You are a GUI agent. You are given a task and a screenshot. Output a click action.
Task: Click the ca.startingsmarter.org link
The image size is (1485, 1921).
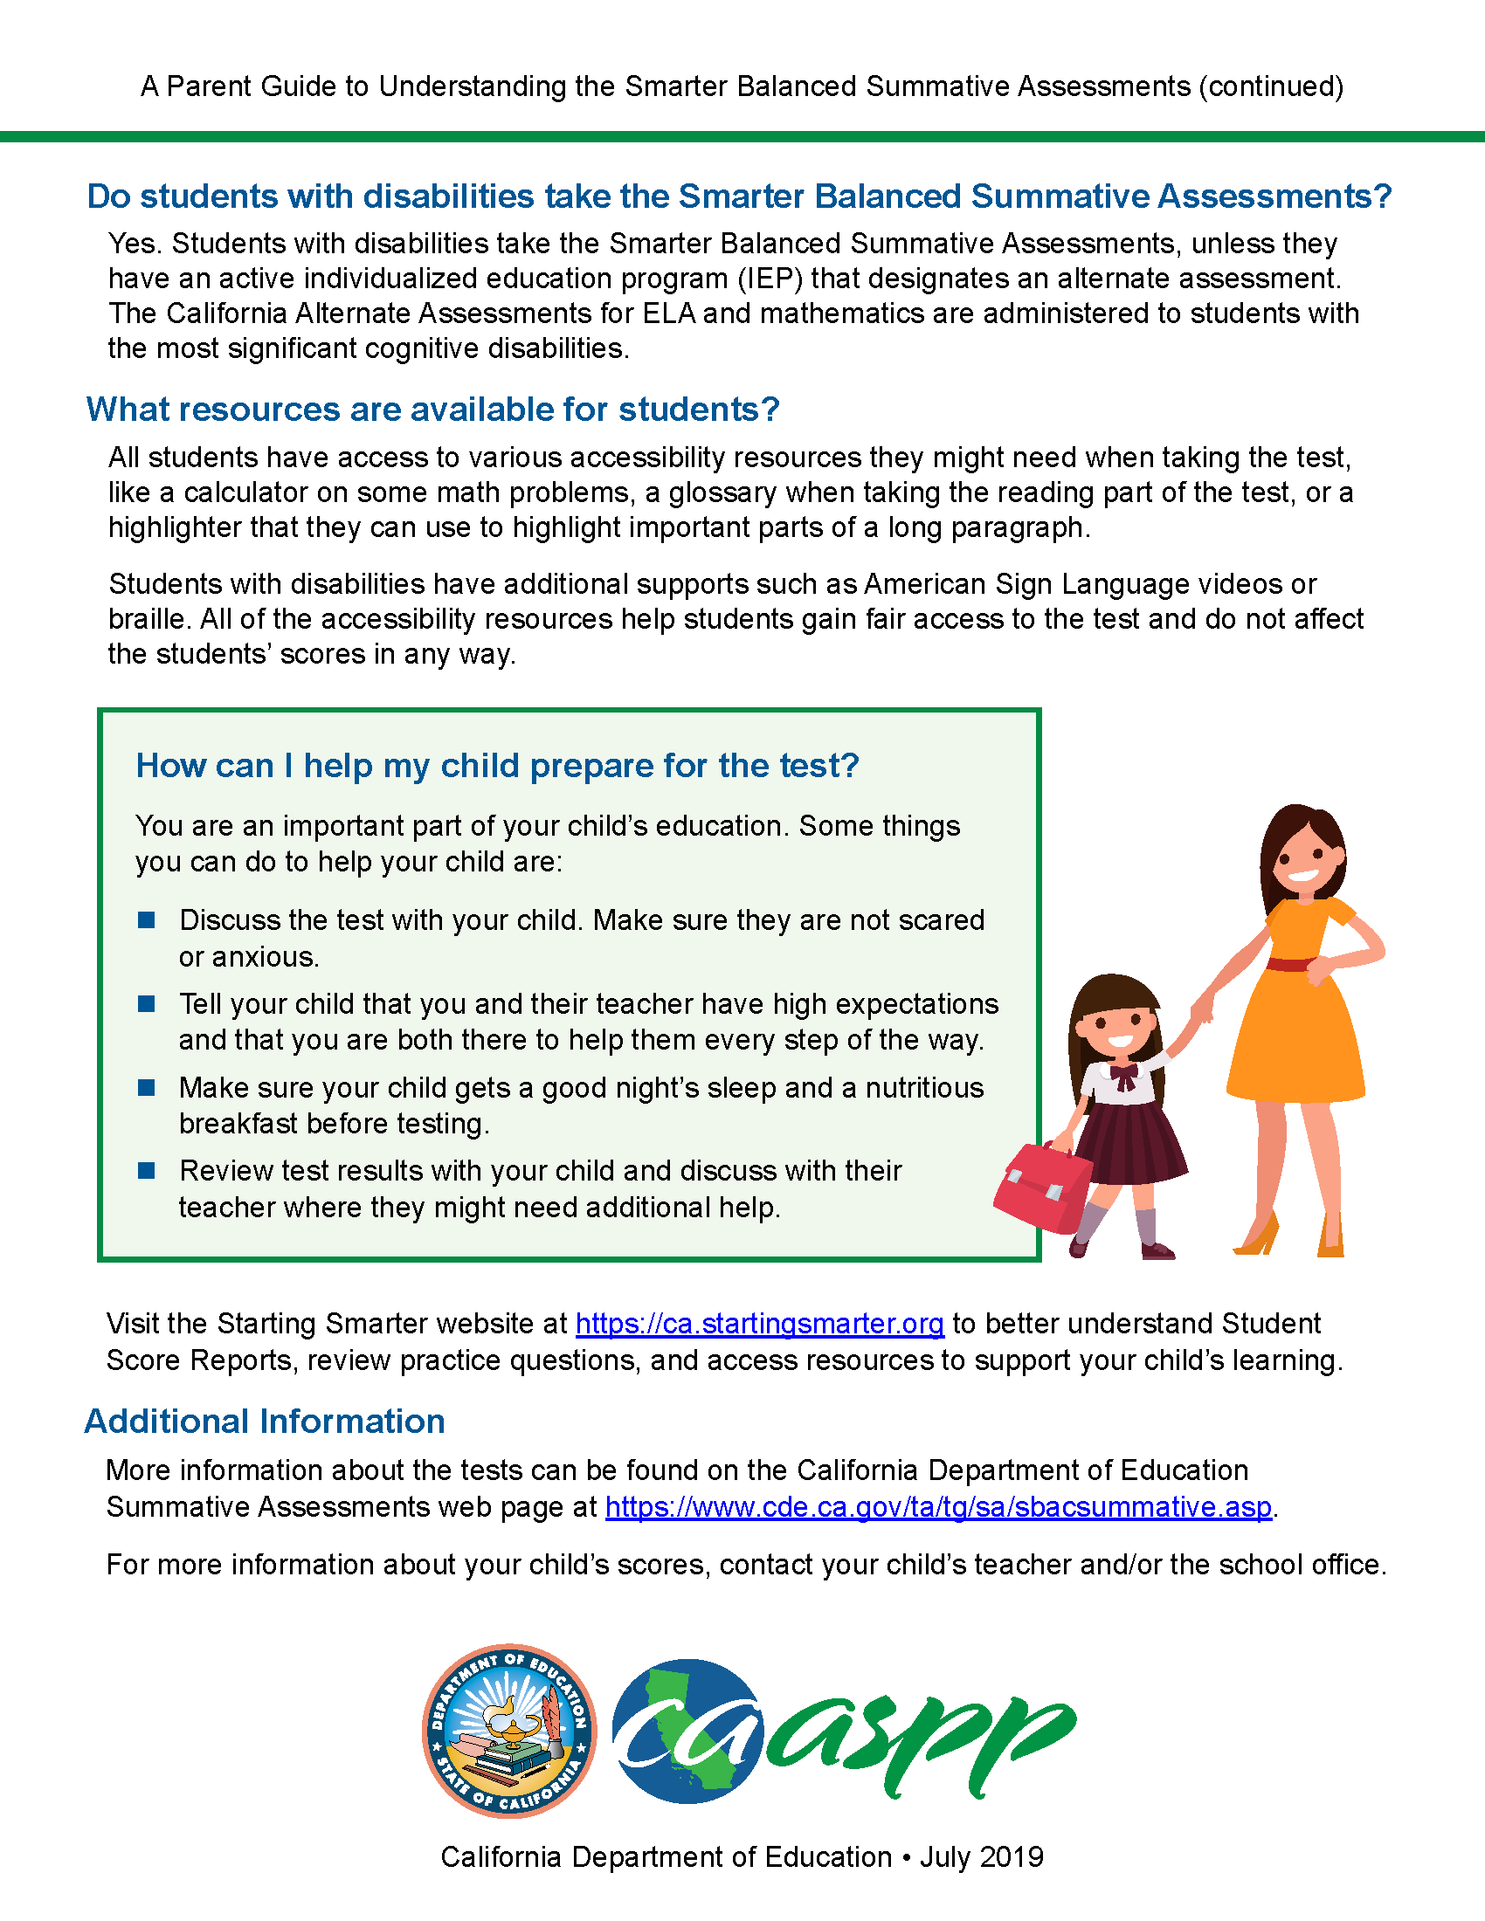pyautogui.click(x=759, y=1324)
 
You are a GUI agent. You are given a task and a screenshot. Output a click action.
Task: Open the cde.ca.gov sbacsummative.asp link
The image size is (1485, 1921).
pyautogui.click(x=939, y=1507)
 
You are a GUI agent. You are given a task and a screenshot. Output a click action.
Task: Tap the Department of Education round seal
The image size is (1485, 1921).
pyautogui.click(x=509, y=1730)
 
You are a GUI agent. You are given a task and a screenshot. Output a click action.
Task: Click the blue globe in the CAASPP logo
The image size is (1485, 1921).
pyautogui.click(x=687, y=1730)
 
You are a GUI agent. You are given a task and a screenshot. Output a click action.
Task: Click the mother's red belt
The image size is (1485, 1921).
pyautogui.click(x=1291, y=964)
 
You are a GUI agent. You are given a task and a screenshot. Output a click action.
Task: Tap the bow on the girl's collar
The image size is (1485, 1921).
pyautogui.click(x=1124, y=1074)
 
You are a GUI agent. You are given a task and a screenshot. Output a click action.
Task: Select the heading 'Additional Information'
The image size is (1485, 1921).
pyautogui.click(x=265, y=1422)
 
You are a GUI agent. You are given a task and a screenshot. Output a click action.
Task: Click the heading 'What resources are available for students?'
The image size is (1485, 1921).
pyautogui.click(x=432, y=410)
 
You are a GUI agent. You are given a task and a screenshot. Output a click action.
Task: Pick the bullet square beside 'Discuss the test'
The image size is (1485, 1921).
pyautogui.click(x=147, y=920)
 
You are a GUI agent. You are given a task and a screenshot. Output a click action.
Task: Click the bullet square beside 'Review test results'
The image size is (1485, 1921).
pyautogui.click(x=147, y=1171)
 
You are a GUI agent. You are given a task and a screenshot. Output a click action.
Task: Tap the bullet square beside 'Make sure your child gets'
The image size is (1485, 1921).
pyautogui.click(x=147, y=1088)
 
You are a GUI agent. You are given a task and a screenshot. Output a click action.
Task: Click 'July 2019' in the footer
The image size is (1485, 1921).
pyautogui.click(x=982, y=1856)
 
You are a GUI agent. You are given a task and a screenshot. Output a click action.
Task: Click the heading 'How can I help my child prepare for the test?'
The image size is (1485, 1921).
pyautogui.click(x=497, y=766)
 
